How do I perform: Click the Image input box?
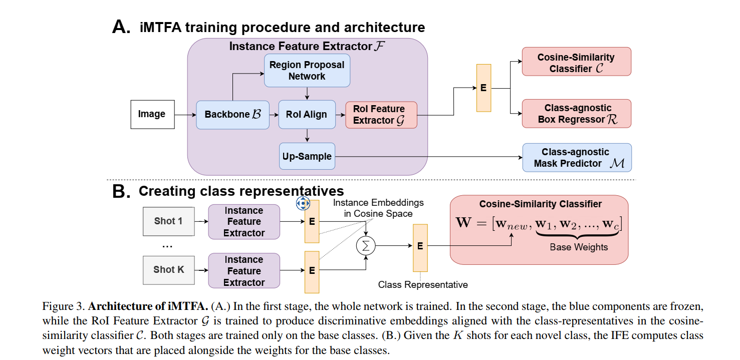[x=153, y=114]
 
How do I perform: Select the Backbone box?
[x=232, y=115]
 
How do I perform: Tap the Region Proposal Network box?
[x=307, y=71]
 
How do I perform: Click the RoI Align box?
[x=307, y=114]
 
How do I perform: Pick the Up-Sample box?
[x=307, y=156]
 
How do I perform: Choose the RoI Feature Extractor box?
[x=381, y=115]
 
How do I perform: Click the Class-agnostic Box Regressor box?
[x=577, y=113]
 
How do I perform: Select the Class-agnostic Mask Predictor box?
[x=577, y=158]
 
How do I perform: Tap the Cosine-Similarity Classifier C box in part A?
[x=577, y=62]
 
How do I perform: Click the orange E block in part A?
[x=483, y=88]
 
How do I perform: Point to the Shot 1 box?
[x=169, y=221]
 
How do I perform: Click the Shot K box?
[x=169, y=270]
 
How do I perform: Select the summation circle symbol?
[x=366, y=246]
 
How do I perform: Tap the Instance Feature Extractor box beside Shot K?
[x=244, y=270]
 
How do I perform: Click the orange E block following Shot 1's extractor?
[x=312, y=221]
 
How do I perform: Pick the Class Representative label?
[x=423, y=285]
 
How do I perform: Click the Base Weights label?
[x=579, y=247]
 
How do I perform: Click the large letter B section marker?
[x=121, y=191]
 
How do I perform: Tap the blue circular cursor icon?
[x=303, y=203]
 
